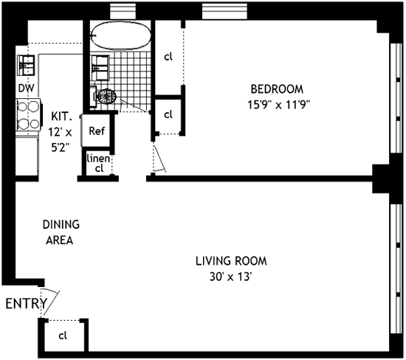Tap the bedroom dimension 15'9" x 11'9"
(278, 104)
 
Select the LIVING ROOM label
(231, 260)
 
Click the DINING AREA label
(61, 232)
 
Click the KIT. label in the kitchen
(61, 117)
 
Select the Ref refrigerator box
(96, 131)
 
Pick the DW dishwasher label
(27, 88)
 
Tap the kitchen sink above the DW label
(28, 65)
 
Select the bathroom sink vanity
(100, 69)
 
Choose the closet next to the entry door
(63, 336)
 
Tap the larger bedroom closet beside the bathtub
(168, 55)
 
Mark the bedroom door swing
(159, 159)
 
